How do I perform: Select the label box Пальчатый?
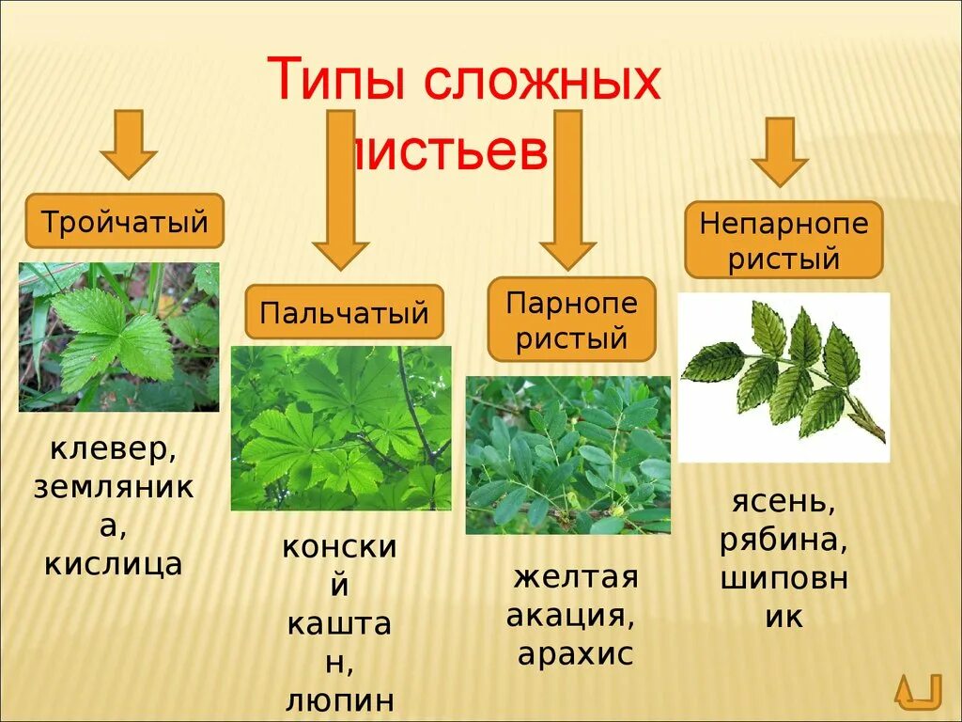coord(344,311)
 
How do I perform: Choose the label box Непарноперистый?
coord(784,239)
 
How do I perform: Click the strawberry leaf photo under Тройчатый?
coord(118,337)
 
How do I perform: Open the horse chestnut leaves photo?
coord(341,428)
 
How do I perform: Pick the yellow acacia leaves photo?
coord(568,455)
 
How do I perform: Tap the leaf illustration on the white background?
coord(784,377)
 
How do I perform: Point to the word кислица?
coord(114,563)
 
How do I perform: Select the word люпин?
coord(339,700)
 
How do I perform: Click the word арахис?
coord(575,653)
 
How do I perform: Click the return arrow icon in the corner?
coord(918,691)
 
